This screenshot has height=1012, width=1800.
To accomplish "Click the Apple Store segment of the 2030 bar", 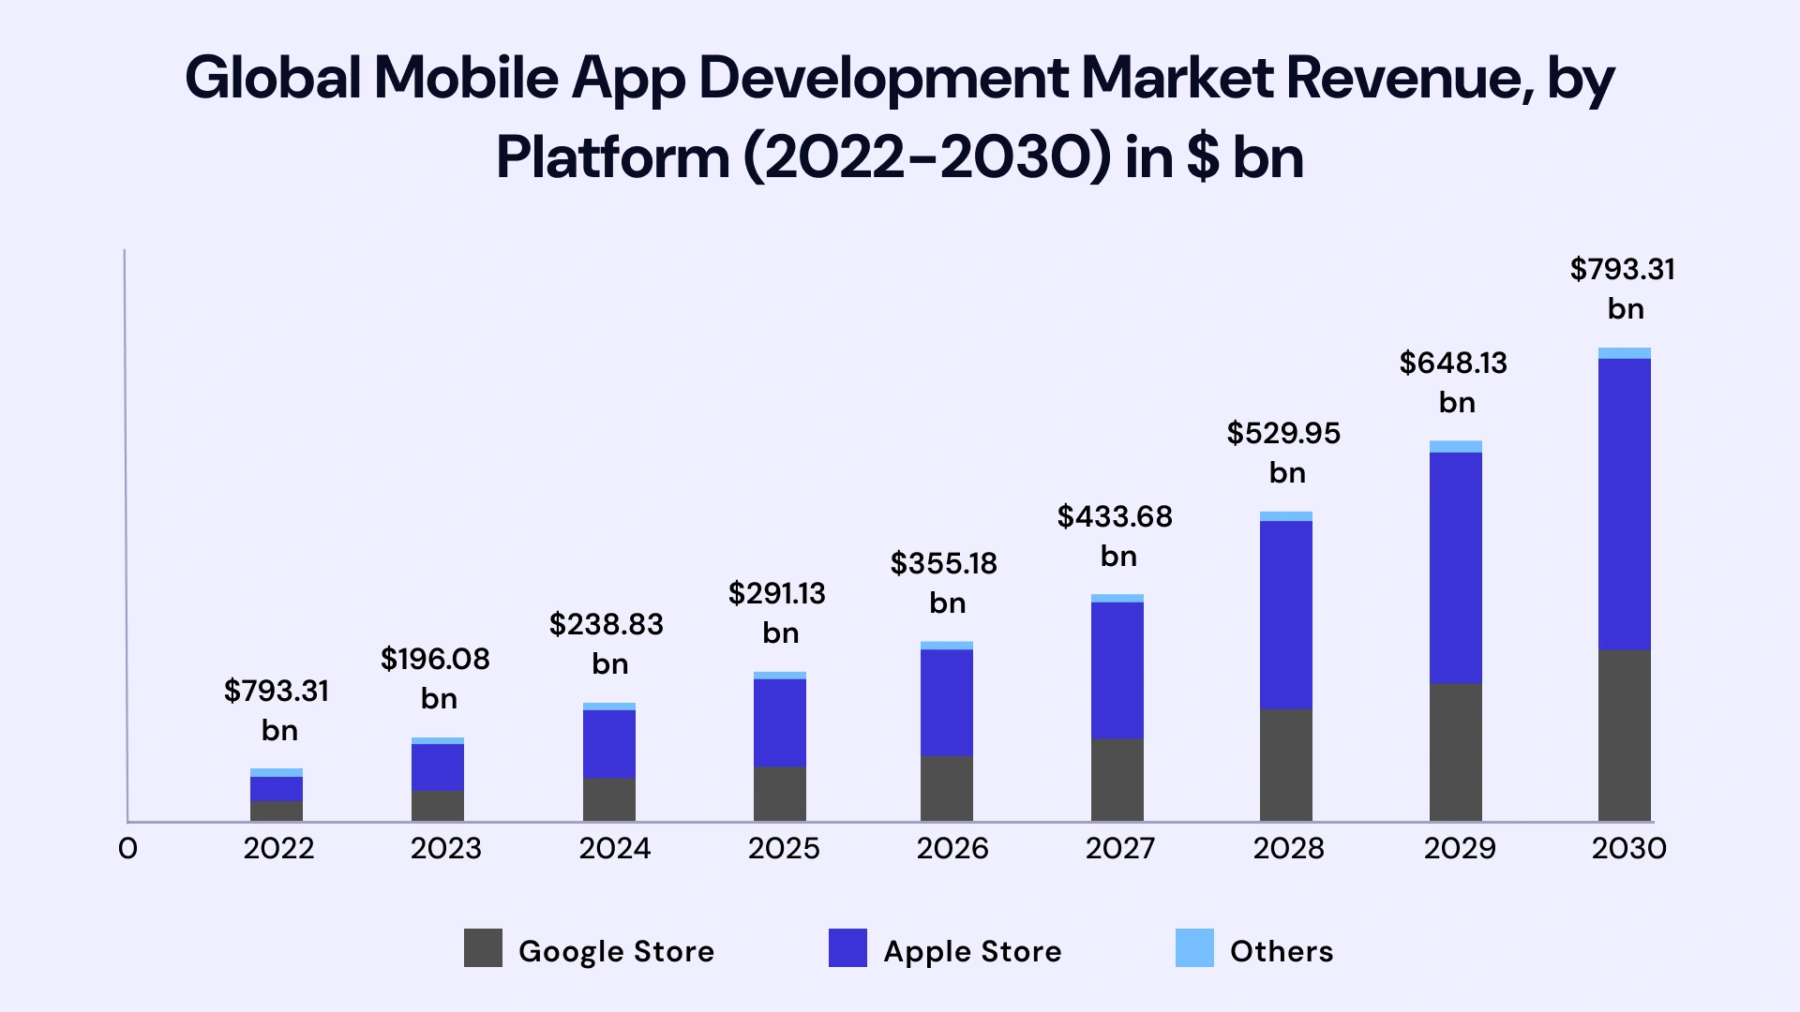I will click(x=1624, y=504).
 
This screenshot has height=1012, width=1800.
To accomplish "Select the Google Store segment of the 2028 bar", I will click(x=1285, y=765).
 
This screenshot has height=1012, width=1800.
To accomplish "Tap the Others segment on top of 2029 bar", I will click(x=1455, y=446).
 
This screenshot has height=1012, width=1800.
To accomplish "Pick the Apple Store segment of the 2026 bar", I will click(x=946, y=703).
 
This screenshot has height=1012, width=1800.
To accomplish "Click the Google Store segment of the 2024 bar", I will click(x=608, y=799).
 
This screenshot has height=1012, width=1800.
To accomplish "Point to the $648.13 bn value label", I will click(x=1453, y=381).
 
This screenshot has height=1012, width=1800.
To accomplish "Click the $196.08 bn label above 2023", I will click(x=435, y=677).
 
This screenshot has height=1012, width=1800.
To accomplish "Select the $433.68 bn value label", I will click(x=1115, y=535).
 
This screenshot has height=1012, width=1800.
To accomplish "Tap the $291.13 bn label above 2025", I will click(x=777, y=612).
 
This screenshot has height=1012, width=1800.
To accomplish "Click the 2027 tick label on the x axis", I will click(x=1120, y=849).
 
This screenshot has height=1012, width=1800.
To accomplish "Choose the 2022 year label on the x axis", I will click(x=278, y=849).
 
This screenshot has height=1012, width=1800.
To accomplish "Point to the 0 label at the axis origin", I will click(x=128, y=849).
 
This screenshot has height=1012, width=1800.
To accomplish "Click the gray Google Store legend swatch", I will click(x=483, y=948).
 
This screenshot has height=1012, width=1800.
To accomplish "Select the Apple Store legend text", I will click(x=972, y=951).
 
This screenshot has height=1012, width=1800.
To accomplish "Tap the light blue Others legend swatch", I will click(x=1194, y=948).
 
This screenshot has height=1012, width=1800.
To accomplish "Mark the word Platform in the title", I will click(x=612, y=157).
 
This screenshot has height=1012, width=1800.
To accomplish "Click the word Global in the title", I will click(x=273, y=78).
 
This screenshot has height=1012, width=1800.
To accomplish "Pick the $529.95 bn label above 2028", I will click(x=1283, y=452).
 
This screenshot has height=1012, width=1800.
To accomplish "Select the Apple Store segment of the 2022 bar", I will click(x=276, y=789).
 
